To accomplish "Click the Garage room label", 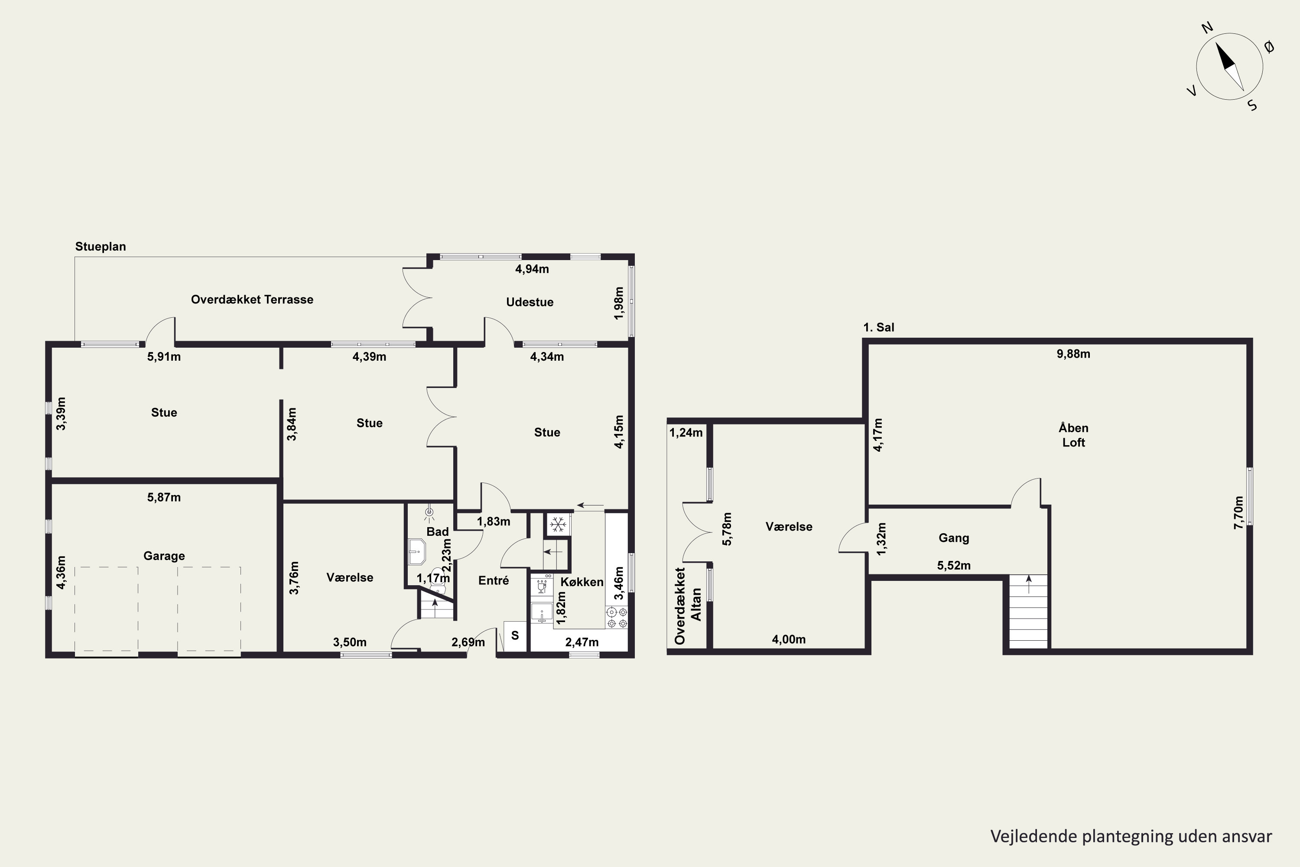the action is point(164,556).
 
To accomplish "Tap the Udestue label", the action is point(530,302).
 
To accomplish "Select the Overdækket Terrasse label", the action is point(252,299).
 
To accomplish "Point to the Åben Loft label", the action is point(1073,435).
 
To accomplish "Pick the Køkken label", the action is point(582,582).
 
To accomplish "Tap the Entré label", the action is point(494,580).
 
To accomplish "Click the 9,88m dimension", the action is point(1073,354).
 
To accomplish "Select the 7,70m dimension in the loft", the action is point(1238,512).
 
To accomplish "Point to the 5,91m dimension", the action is point(164,357).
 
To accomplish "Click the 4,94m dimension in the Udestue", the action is point(532,269).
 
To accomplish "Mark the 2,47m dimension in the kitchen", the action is point(582,642).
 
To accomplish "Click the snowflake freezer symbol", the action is point(558,524).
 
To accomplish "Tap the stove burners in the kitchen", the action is point(617,618).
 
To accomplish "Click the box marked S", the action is point(515,636).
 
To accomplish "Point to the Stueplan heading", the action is point(101,247).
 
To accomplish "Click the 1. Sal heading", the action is point(879,327).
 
